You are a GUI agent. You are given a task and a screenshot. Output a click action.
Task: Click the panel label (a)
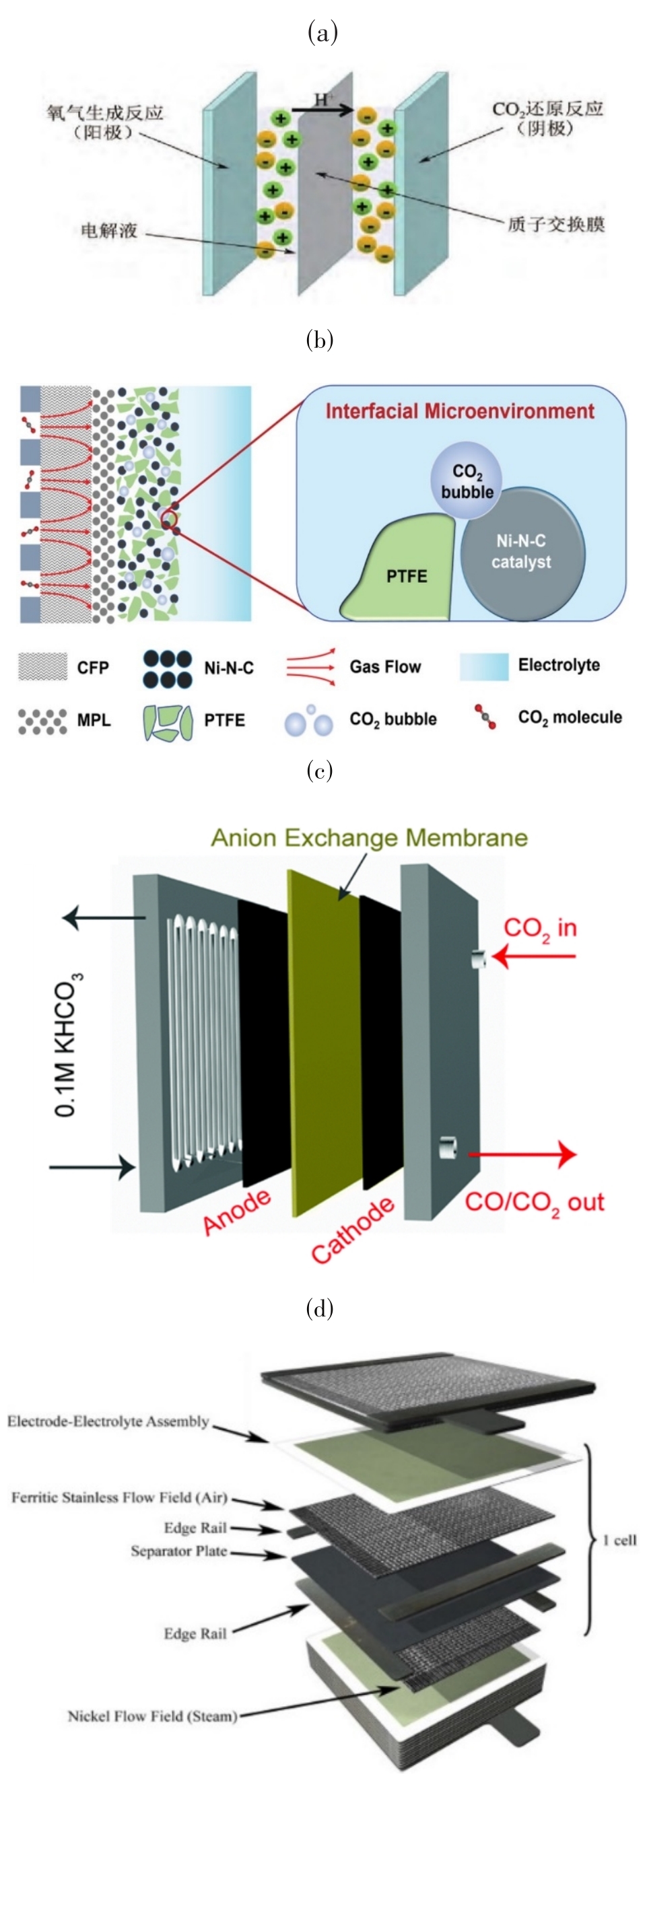point(322,32)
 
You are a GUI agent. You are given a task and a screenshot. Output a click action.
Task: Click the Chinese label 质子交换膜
point(555,223)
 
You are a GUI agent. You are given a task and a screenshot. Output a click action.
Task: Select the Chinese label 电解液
point(109,230)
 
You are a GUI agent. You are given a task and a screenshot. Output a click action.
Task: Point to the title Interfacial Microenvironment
point(459,411)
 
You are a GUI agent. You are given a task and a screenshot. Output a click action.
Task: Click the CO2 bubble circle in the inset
point(467,481)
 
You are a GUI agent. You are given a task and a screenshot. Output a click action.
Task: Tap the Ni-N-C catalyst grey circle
point(522,552)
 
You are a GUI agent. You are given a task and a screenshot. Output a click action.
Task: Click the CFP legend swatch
point(42,666)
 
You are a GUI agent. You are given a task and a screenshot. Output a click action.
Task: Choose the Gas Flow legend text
point(384,666)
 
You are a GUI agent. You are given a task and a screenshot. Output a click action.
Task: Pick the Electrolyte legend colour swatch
point(483,666)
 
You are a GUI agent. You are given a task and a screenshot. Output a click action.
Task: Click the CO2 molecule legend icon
point(485,716)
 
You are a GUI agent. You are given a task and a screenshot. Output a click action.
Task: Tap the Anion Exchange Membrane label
point(369,837)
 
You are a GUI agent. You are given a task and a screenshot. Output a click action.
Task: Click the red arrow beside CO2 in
point(534,956)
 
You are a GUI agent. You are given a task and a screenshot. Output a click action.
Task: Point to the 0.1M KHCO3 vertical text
point(67,1045)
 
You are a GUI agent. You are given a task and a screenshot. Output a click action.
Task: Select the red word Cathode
point(352,1229)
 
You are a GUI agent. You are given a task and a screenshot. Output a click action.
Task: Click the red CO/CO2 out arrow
point(522,1154)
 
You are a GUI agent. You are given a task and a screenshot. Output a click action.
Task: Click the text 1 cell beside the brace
point(619,1540)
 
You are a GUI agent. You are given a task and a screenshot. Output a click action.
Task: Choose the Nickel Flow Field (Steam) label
point(152,1716)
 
